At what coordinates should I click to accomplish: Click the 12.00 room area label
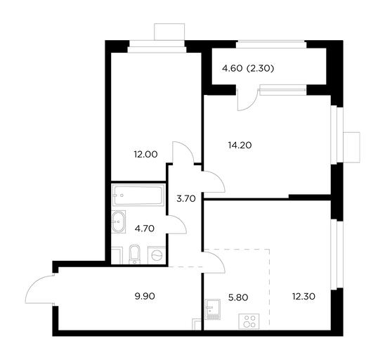[x=145, y=155]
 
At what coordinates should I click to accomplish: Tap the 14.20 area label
[x=240, y=146]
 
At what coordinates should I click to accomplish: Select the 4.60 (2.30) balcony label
[x=248, y=69]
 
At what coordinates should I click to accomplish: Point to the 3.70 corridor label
[x=186, y=198]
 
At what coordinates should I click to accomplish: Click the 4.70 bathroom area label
[x=145, y=229]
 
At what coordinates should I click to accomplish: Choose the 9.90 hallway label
[x=145, y=296]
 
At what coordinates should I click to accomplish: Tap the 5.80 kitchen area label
[x=238, y=297]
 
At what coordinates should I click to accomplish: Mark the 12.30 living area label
[x=304, y=297]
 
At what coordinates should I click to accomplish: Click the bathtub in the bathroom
[x=138, y=195]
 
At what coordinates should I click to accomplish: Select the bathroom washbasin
[x=119, y=222]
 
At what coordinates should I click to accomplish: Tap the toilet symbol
[x=134, y=255]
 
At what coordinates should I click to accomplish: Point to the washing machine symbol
[x=157, y=255]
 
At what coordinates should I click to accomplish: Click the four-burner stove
[x=249, y=321]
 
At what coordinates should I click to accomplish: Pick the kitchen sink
[x=213, y=309]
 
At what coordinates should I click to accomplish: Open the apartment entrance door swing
[x=40, y=289]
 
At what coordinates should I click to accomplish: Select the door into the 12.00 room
[x=183, y=153]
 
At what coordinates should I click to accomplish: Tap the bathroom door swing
[x=177, y=224]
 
